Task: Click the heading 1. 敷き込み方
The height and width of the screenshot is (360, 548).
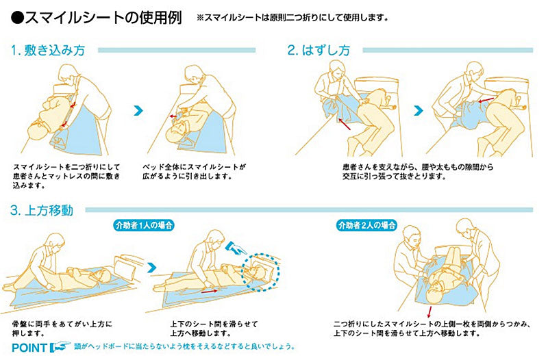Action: pyautogui.click(x=48, y=51)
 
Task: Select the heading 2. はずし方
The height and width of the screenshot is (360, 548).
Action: pyautogui.click(x=319, y=51)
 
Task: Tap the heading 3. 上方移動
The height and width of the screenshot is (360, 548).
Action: pyautogui.click(x=42, y=210)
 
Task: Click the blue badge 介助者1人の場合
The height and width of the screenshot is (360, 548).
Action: pyautogui.click(x=144, y=225)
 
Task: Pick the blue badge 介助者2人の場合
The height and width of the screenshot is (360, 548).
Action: pyautogui.click(x=366, y=225)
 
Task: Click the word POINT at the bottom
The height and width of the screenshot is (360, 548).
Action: pyautogui.click(x=29, y=348)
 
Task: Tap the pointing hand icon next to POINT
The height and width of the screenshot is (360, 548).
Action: pyautogui.click(x=60, y=347)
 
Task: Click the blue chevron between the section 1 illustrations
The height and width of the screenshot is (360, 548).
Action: pyautogui.click(x=139, y=111)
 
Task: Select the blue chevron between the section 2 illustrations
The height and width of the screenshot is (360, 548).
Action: pyautogui.click(x=419, y=111)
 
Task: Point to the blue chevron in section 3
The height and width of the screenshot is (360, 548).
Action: pyautogui.click(x=152, y=268)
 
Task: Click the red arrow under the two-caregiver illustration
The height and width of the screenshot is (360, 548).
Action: pyautogui.click(x=429, y=312)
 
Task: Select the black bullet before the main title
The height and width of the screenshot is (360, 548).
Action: pyautogui.click(x=17, y=18)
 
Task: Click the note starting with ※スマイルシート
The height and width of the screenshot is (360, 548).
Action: pyautogui.click(x=292, y=18)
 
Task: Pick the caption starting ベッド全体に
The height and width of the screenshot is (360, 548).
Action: pyautogui.click(x=195, y=172)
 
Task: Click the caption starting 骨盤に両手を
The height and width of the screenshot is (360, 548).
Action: pyautogui.click(x=62, y=329)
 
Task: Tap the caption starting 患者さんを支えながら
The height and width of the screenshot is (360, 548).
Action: pyautogui.click(x=418, y=172)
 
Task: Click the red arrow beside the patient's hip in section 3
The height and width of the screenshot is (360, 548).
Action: pyautogui.click(x=210, y=290)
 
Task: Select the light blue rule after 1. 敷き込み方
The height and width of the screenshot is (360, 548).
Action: pyautogui.click(x=177, y=50)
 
